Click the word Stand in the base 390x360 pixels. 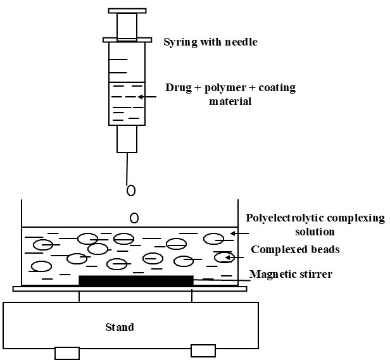(x=119, y=327)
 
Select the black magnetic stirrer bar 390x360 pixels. (x=135, y=280)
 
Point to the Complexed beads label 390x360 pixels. (x=294, y=249)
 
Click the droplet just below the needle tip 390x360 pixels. (x=130, y=190)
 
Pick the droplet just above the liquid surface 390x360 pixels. (x=134, y=218)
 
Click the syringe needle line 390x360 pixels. (x=127, y=168)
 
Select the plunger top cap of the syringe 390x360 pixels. (x=127, y=11)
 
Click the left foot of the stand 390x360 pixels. (x=67, y=352)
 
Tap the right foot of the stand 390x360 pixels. (x=203, y=350)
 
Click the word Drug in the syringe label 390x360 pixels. (x=177, y=87)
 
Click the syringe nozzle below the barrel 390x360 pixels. (x=127, y=139)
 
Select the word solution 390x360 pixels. (x=314, y=232)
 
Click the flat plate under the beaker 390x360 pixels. (x=130, y=289)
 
